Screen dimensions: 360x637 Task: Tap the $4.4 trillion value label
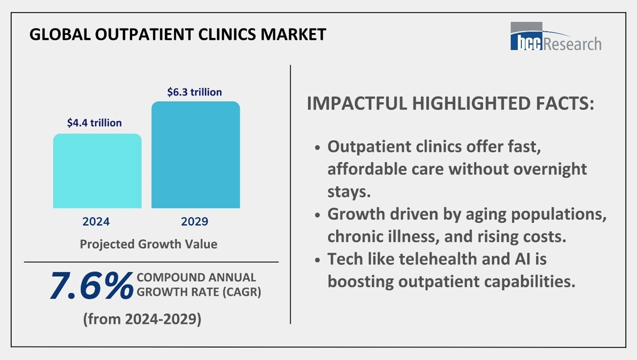coord(94,123)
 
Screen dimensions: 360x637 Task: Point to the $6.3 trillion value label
coord(194,92)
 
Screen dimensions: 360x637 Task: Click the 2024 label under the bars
coord(96,222)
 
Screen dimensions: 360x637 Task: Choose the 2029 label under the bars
coord(195,222)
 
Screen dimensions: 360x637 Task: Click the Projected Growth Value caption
coord(149,244)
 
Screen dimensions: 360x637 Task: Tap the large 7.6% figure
coord(91,286)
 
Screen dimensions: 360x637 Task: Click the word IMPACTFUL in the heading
coord(357,103)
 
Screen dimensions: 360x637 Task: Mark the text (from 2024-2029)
coord(142,319)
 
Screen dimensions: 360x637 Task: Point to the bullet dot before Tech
coord(317,260)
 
